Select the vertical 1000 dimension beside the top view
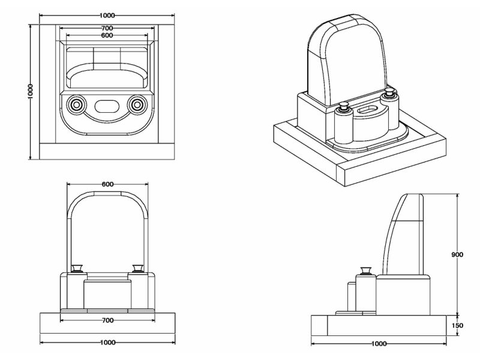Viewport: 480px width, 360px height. pyautogui.click(x=31, y=92)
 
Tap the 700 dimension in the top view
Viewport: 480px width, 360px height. pyautogui.click(x=107, y=29)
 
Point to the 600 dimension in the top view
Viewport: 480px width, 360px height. pyautogui.click(x=107, y=36)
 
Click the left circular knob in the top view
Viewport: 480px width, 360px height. pyautogui.click(x=76, y=105)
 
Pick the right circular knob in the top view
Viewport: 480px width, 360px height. pyautogui.click(x=137, y=105)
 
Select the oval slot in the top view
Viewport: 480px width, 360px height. pyautogui.click(x=107, y=106)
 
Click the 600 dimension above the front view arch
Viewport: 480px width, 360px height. pyautogui.click(x=107, y=184)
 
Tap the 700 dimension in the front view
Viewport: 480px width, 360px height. pyautogui.click(x=107, y=321)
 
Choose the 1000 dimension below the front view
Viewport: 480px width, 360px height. pyautogui.click(x=107, y=343)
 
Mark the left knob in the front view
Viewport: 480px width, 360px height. pyautogui.click(x=77, y=269)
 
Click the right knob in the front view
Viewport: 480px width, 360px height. pyautogui.click(x=137, y=269)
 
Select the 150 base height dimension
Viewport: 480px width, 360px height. pyautogui.click(x=457, y=325)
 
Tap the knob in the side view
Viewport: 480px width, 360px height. pyautogui.click(x=364, y=271)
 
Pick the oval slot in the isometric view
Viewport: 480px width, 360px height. pyautogui.click(x=365, y=110)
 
